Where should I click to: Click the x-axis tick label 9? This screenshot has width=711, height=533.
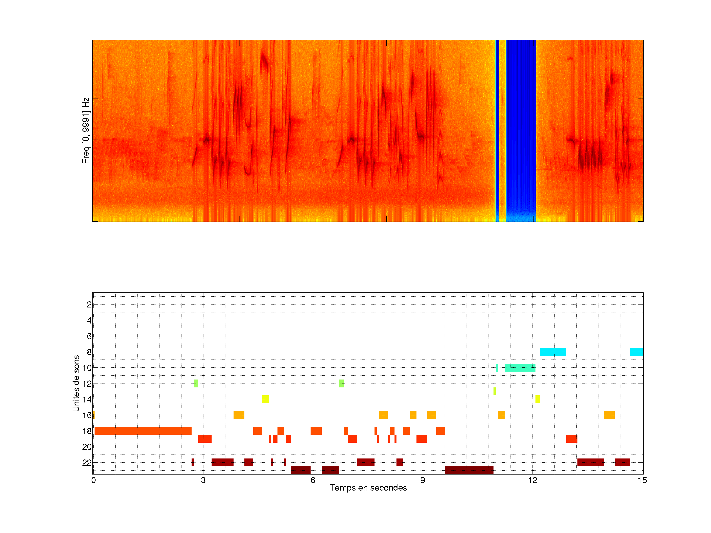(x=422, y=480)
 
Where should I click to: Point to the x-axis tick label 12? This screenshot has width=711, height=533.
(x=532, y=480)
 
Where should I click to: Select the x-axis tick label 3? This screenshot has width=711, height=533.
(x=203, y=480)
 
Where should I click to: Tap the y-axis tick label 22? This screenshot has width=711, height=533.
(x=87, y=463)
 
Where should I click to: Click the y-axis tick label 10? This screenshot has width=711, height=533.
(x=87, y=368)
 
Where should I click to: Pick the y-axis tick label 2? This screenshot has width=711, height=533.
(x=89, y=305)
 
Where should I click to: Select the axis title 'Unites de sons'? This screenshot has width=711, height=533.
(x=76, y=383)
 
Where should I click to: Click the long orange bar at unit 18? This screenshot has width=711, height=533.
(x=143, y=431)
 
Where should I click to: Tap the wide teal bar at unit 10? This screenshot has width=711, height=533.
(x=520, y=367)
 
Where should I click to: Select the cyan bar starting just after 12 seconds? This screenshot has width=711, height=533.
(x=553, y=352)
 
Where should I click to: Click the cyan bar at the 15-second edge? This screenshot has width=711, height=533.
(x=636, y=352)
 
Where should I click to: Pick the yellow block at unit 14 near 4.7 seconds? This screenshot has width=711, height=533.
(x=265, y=399)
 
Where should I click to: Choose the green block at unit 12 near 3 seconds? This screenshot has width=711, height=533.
(x=196, y=383)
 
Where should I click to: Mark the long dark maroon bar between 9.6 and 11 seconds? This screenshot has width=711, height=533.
(x=469, y=470)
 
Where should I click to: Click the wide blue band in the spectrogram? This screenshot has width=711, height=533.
(x=521, y=129)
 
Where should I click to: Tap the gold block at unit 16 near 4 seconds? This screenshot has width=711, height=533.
(x=239, y=415)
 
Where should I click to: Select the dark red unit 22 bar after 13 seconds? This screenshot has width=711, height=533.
(x=591, y=463)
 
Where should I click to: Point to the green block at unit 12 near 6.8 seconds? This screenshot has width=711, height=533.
(x=341, y=383)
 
